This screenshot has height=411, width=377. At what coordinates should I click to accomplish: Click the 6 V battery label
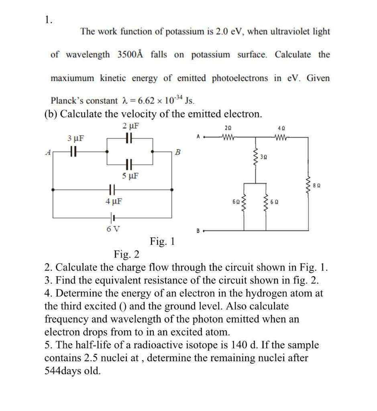click(113, 229)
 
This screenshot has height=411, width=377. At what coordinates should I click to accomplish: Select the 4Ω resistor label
click(281, 128)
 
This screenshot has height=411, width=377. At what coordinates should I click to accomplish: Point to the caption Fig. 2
click(126, 254)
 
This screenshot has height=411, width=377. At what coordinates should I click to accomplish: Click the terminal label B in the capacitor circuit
click(178, 152)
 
